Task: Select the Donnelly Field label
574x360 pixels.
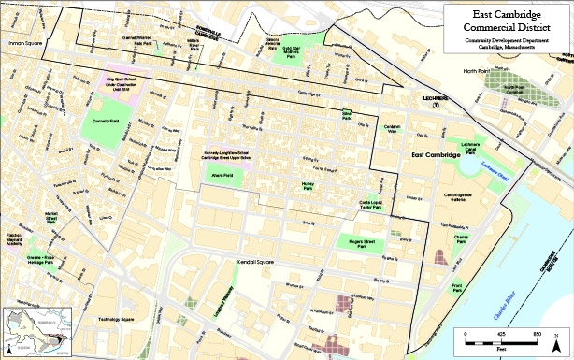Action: tap(106, 122)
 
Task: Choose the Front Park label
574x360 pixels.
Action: tap(456, 286)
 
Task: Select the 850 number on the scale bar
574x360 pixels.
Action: tap(536, 334)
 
